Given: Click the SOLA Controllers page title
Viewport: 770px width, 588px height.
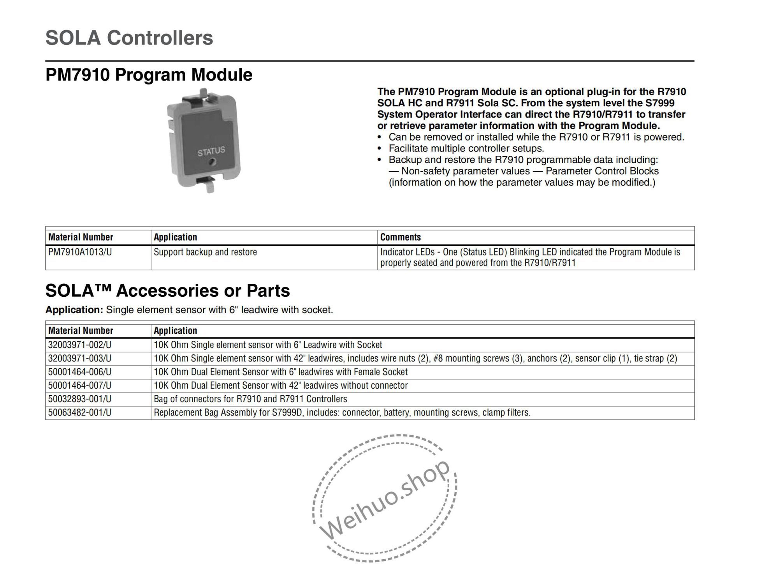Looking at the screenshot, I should tap(129, 38).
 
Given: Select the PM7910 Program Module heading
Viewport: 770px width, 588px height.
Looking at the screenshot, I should tap(149, 75).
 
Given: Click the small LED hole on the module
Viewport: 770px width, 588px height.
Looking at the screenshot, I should tap(211, 162).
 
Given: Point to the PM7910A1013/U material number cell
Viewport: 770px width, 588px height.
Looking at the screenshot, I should tap(80, 252).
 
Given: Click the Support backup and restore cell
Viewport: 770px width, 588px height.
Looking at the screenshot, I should tap(205, 252).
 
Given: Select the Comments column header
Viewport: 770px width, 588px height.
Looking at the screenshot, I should tap(401, 237).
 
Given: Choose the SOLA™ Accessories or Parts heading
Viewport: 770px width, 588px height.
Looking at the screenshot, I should tap(167, 290).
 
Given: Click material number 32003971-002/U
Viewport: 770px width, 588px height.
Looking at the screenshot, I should tap(79, 345).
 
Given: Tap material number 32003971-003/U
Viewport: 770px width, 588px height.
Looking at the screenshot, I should tap(79, 359).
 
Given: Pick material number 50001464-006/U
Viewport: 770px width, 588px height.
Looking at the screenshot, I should tap(79, 372).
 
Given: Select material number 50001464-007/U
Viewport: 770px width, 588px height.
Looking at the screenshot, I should tap(79, 386).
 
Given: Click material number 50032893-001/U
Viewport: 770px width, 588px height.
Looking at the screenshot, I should tap(79, 399).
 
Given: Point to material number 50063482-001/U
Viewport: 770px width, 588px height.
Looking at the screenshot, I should tap(79, 413).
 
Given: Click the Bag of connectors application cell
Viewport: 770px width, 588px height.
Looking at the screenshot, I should tap(250, 399).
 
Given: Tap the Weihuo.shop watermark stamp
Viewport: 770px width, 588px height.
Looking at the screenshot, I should tap(385, 498).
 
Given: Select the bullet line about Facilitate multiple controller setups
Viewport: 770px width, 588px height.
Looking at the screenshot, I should tap(466, 148).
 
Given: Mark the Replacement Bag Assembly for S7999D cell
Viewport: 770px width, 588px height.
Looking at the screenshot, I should tap(342, 413).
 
